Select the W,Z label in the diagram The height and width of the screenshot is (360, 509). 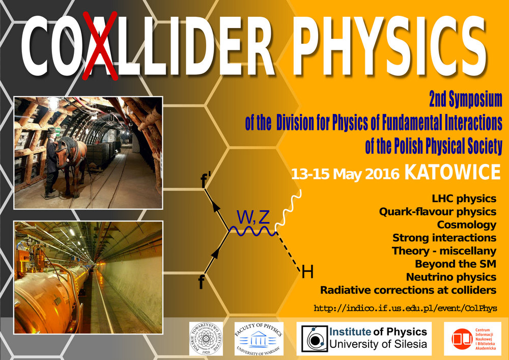click(253, 217)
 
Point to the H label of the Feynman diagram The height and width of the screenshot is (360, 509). click(307, 273)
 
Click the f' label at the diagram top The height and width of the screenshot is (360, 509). click(206, 180)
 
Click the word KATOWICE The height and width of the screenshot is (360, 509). click(453, 173)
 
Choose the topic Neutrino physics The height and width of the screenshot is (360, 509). click(451, 277)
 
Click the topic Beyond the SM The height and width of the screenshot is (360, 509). click(456, 264)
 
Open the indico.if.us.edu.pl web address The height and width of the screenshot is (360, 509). click(405, 308)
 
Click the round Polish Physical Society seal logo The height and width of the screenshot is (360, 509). click(206, 339)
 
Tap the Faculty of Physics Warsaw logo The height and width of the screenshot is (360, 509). click(259, 339)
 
